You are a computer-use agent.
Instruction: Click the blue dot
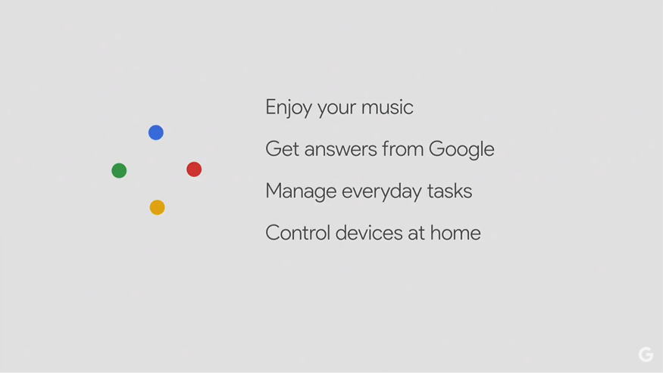(x=156, y=132)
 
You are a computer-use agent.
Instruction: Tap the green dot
(x=119, y=171)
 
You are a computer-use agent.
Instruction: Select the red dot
(x=194, y=169)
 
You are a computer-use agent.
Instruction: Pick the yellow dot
(x=158, y=207)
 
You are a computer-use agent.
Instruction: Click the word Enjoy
(x=289, y=107)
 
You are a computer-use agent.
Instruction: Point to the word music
(x=387, y=107)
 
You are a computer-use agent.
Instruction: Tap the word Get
(x=282, y=149)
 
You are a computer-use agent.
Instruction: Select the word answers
(x=340, y=150)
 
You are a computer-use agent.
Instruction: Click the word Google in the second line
(x=461, y=150)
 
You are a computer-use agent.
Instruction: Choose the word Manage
(x=301, y=191)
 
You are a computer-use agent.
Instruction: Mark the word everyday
(x=382, y=191)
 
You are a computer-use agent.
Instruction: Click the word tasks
(x=449, y=191)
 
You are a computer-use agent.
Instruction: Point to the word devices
(x=369, y=233)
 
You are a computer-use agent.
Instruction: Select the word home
(x=455, y=233)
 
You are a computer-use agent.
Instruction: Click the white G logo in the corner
(x=646, y=354)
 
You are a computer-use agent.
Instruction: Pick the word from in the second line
(x=402, y=149)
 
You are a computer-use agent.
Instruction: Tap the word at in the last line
(x=416, y=234)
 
